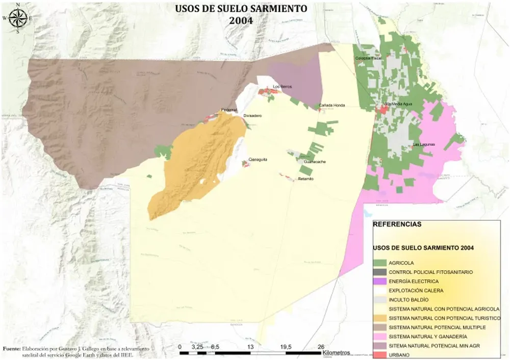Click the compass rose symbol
coord(17,18)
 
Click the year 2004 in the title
coord(241,20)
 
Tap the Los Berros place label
coord(283,87)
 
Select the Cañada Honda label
coord(331,106)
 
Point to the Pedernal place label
coord(229,110)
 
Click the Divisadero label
coord(252,116)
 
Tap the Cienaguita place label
coord(258,160)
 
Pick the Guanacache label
coord(315,162)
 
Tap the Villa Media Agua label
coord(398,104)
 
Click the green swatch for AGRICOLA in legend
coord(380,263)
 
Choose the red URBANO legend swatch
coord(380,355)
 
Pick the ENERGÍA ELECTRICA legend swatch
coord(380,281)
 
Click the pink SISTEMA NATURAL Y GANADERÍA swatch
coord(380,337)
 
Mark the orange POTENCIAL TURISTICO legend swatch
coord(380,318)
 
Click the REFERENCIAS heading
coord(397,224)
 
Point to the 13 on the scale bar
coord(250,347)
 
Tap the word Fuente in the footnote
coord(12,348)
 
